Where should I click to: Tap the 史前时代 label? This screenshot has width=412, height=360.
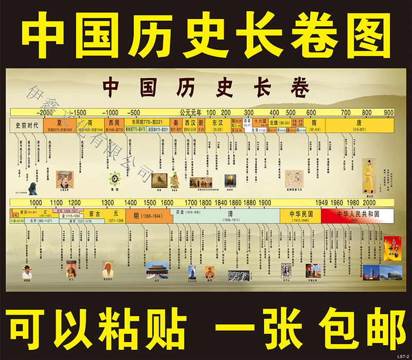tap(26, 125)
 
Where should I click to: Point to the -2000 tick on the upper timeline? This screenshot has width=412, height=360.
tap(45, 112)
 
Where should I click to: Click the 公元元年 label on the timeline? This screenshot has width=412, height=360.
tap(191, 112)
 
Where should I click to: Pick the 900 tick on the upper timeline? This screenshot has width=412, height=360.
tap(388, 112)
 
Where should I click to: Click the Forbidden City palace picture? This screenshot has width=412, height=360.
tap(157, 270)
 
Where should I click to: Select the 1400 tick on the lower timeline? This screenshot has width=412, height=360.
tap(131, 202)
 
